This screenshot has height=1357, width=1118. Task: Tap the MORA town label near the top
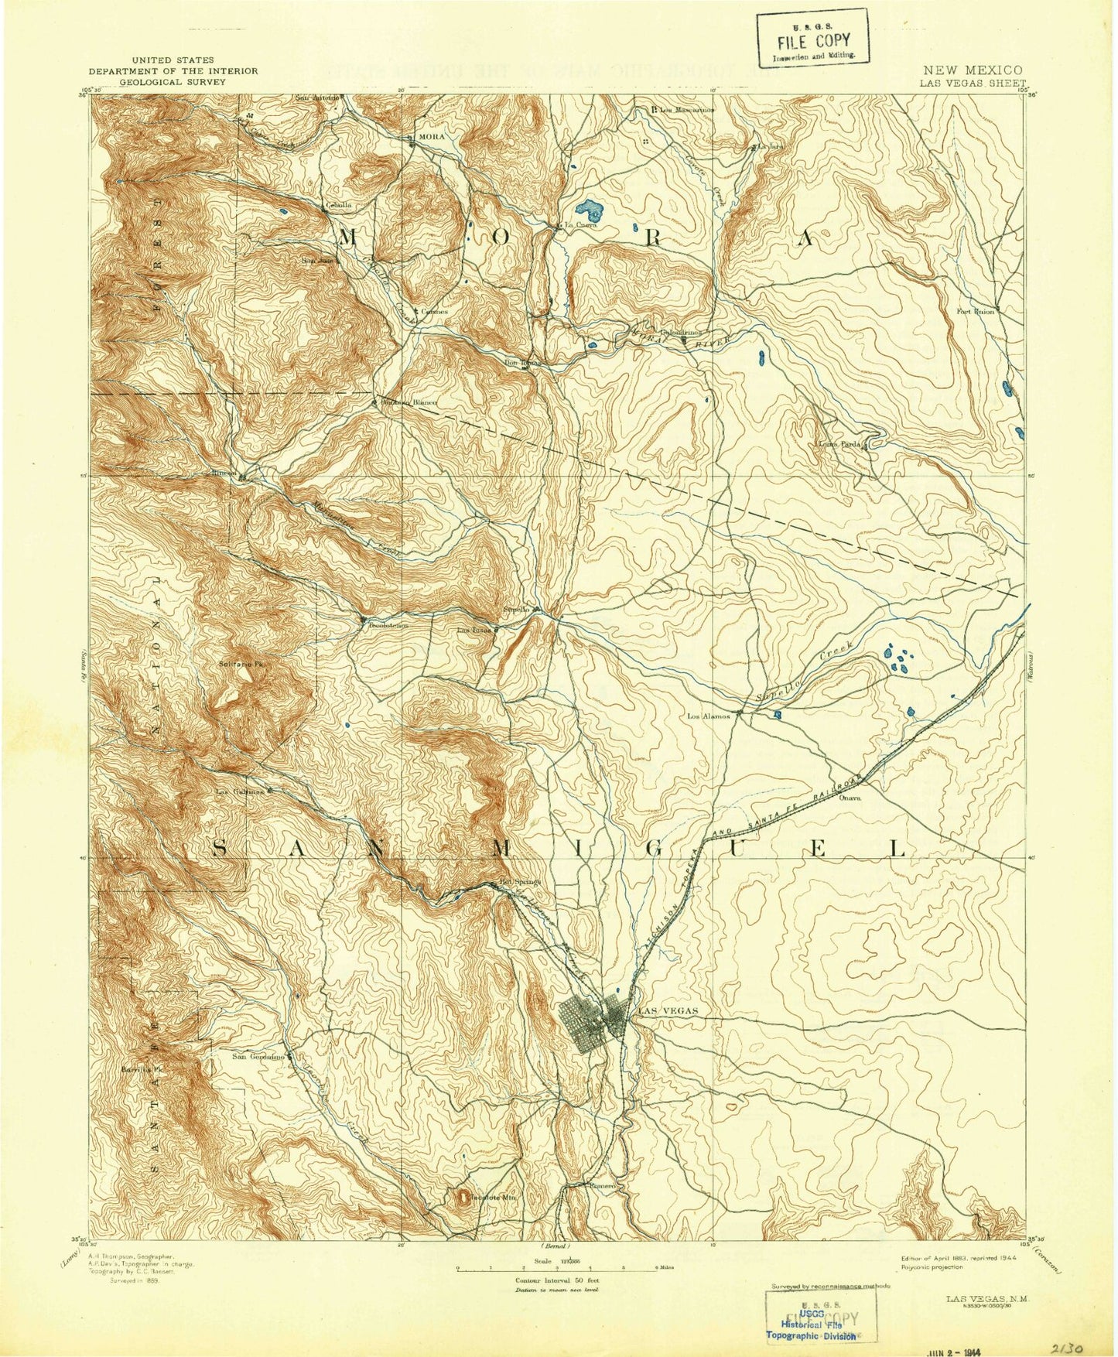[x=429, y=136]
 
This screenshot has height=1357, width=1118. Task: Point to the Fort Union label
[x=974, y=312]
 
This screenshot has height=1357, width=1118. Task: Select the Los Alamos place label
[x=709, y=716]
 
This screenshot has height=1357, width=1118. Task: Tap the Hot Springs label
[x=517, y=881]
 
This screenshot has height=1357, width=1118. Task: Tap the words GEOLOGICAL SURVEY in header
[x=172, y=80]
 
